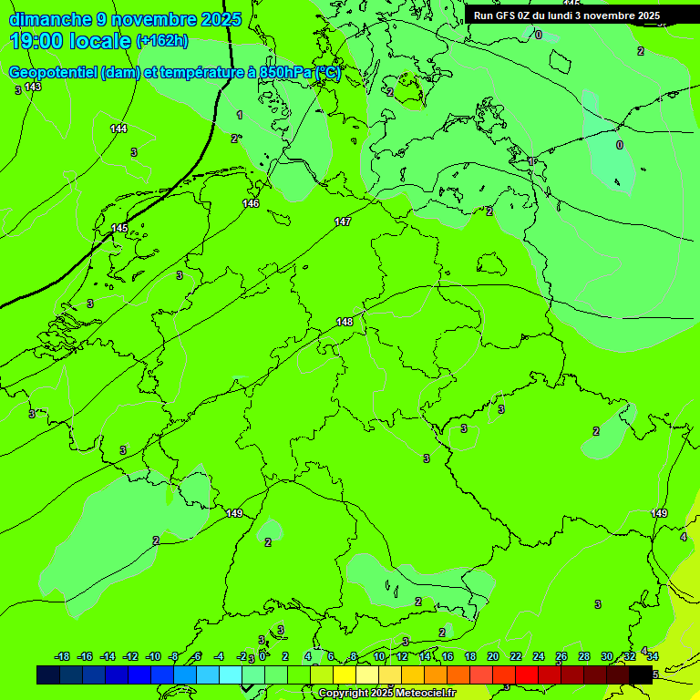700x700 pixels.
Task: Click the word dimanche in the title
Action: [50, 19]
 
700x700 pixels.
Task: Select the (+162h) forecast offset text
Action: [161, 41]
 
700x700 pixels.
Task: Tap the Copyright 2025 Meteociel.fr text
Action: [386, 694]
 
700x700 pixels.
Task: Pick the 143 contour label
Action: [33, 87]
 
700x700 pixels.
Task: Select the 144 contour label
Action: [119, 129]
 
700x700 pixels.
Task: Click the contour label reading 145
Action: [119, 228]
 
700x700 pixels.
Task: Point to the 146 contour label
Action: [251, 203]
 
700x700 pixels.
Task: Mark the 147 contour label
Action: [343, 221]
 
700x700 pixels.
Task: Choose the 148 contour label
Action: [345, 322]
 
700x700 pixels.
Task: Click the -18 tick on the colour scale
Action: [63, 656]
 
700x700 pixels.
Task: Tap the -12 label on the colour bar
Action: [130, 656]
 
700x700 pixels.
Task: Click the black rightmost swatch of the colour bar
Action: [641, 674]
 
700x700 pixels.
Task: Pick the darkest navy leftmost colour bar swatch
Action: [48, 674]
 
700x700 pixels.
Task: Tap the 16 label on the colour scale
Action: [448, 656]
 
